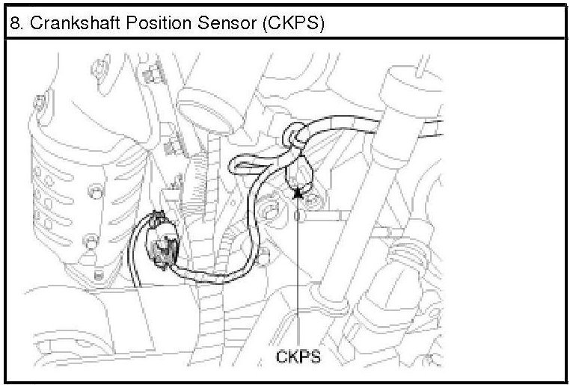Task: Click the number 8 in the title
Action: (x=14, y=24)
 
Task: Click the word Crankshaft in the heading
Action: (x=75, y=23)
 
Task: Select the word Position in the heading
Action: (x=159, y=23)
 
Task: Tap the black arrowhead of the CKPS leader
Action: (x=298, y=194)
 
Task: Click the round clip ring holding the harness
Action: (x=291, y=135)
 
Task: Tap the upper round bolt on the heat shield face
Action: (x=95, y=191)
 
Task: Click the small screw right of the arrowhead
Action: (x=312, y=199)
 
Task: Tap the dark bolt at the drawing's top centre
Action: (x=153, y=74)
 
